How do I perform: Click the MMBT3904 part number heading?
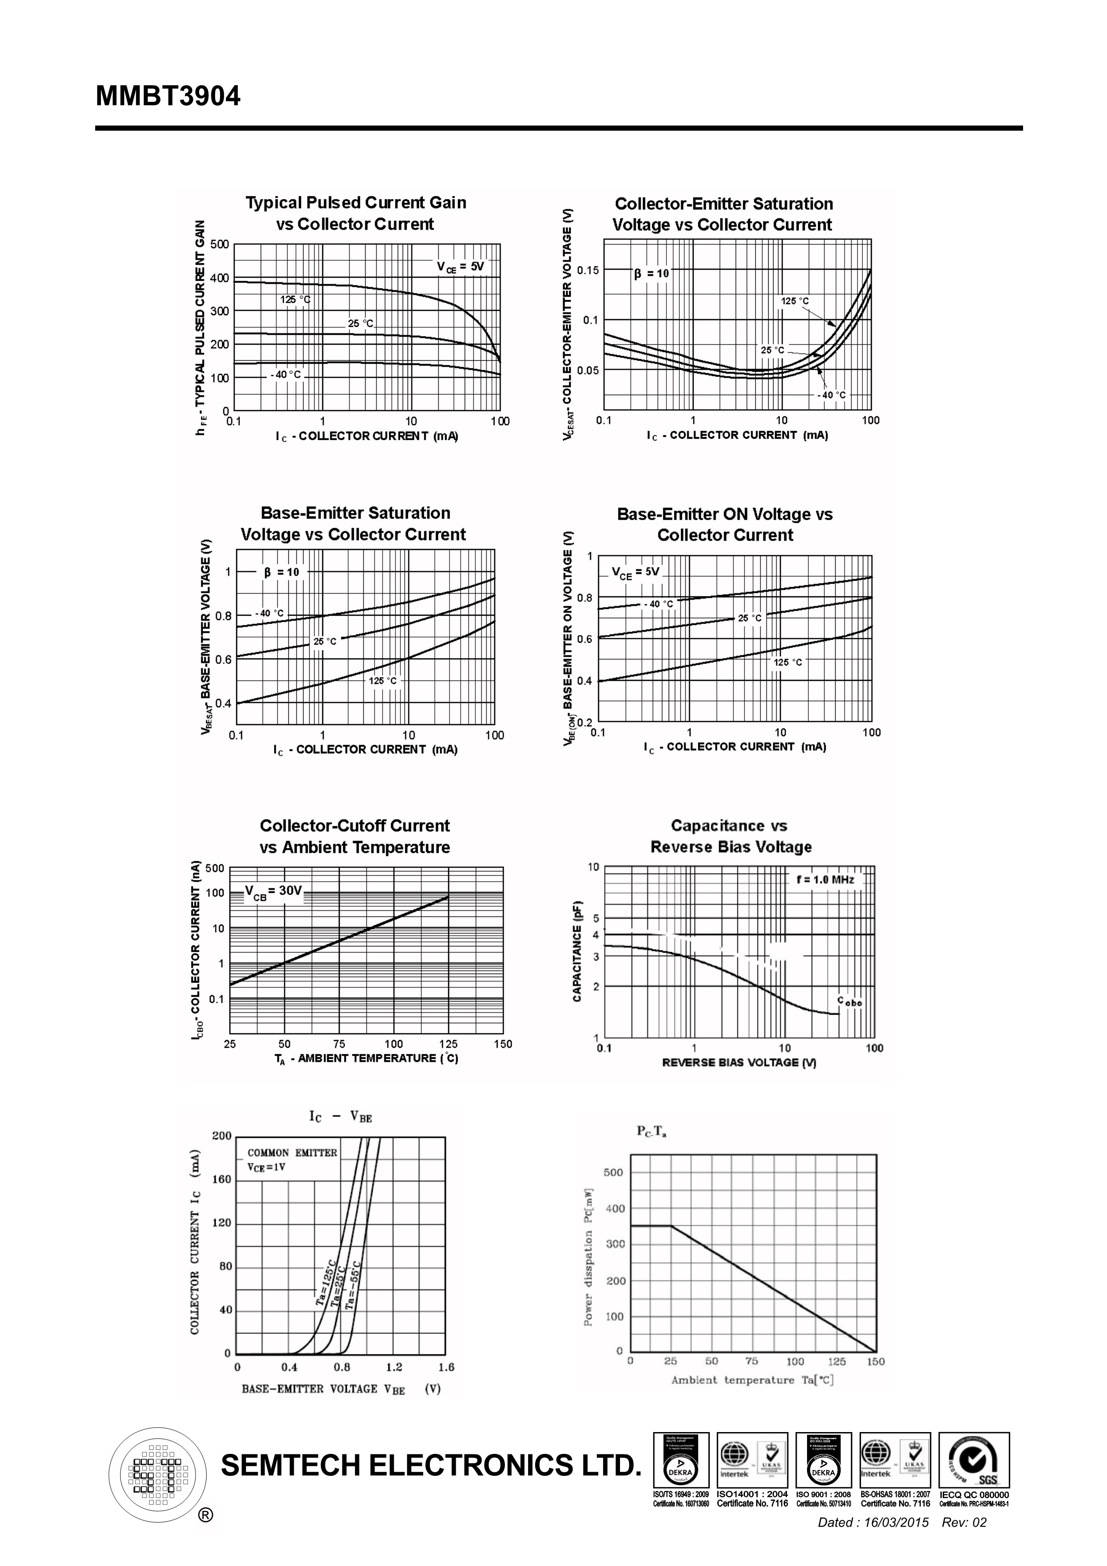[x=168, y=96]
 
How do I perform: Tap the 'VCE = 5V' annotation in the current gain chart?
[x=460, y=267]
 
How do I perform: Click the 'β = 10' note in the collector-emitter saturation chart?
[x=651, y=274]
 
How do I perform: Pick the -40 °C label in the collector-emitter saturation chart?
[x=832, y=395]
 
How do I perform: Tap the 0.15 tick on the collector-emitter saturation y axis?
[x=587, y=270]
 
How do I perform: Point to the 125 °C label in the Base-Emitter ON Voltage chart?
[x=788, y=662]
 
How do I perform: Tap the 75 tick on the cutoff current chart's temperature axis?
[x=339, y=1044]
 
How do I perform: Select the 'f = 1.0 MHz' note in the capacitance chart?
[x=824, y=880]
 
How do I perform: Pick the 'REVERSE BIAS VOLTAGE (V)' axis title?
[x=739, y=1062]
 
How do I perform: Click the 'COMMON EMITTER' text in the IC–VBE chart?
[x=292, y=1153]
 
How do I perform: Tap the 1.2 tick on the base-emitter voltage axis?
[x=394, y=1367]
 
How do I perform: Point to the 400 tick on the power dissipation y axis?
[x=615, y=1208]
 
